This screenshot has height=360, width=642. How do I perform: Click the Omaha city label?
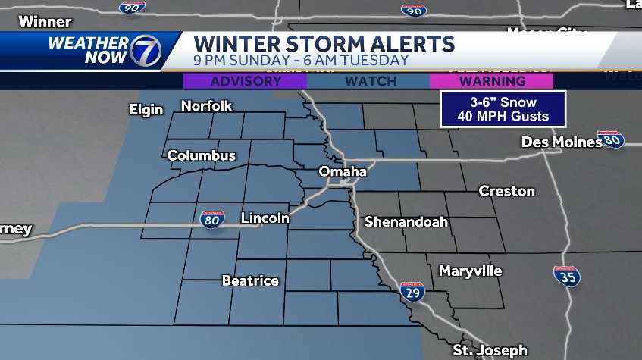[x=343, y=171]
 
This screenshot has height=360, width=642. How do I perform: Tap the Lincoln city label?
[x=265, y=218]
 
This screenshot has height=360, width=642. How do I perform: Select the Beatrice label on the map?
[x=250, y=281]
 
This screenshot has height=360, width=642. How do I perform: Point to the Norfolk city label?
[x=206, y=106]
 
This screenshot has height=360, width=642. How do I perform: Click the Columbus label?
[x=201, y=156]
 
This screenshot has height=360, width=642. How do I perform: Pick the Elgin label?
[x=146, y=110]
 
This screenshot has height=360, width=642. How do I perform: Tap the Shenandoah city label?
[x=406, y=222]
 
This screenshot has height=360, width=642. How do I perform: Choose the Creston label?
[x=506, y=191]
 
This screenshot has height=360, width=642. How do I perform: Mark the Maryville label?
[x=470, y=271]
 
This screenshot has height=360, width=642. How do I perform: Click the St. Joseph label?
[x=490, y=350]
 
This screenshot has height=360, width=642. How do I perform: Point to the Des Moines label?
[x=561, y=142]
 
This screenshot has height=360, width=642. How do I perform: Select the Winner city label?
[x=45, y=22]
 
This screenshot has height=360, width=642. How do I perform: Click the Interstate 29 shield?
[x=412, y=292]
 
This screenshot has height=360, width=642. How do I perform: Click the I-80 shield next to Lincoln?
[x=212, y=219]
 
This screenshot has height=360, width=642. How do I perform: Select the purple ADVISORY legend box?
[x=246, y=81]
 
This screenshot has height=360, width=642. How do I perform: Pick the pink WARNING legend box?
[x=491, y=81]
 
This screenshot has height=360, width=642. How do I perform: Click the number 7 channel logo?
[x=144, y=51]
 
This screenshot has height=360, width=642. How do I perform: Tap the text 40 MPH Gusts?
[x=503, y=117]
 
